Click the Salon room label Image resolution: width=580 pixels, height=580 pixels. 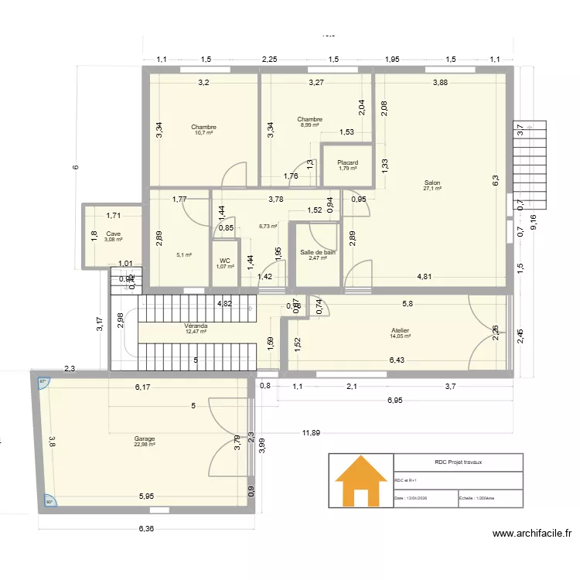pyautogui.click(x=432, y=183)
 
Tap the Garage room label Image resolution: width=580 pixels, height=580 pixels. pyautogui.click(x=145, y=438)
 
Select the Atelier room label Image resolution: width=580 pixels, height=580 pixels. pyautogui.click(x=400, y=330)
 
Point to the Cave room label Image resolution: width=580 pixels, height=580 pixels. pyautogui.click(x=114, y=234)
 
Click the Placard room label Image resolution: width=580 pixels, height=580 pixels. pyautogui.click(x=347, y=162)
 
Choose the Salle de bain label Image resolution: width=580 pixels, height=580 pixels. pyautogui.click(x=317, y=252)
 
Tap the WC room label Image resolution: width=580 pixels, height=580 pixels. pyautogui.click(x=224, y=261)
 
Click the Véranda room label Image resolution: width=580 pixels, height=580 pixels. pyautogui.click(x=196, y=326)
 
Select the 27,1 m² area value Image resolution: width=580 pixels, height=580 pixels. pyautogui.click(x=432, y=189)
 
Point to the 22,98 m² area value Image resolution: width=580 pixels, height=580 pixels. pyautogui.click(x=145, y=444)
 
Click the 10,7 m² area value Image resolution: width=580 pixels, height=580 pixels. pyautogui.click(x=203, y=133)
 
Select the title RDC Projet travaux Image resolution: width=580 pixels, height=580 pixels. pyautogui.click(x=456, y=462)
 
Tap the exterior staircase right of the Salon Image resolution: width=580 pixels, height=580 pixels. pyautogui.click(x=531, y=165)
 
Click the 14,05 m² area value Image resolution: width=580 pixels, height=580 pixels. pyautogui.click(x=400, y=336)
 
